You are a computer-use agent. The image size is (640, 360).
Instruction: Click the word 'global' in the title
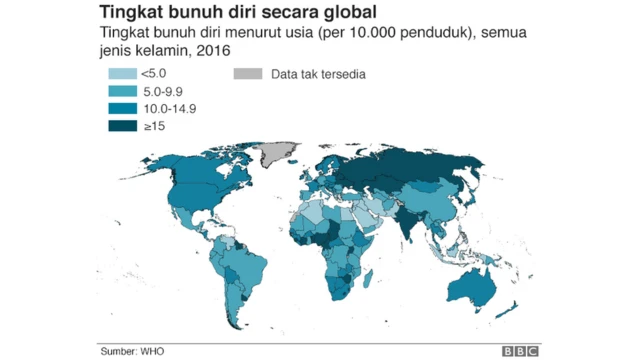(340, 13)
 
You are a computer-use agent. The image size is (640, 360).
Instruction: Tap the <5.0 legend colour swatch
(123, 74)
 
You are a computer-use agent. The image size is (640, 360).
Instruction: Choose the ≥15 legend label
(155, 126)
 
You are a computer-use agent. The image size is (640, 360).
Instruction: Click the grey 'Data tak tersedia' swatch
(247, 74)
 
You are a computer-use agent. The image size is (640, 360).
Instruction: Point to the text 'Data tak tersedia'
(317, 74)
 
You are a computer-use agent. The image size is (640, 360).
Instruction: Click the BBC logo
(520, 350)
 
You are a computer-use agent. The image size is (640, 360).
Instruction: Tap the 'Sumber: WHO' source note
(133, 350)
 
